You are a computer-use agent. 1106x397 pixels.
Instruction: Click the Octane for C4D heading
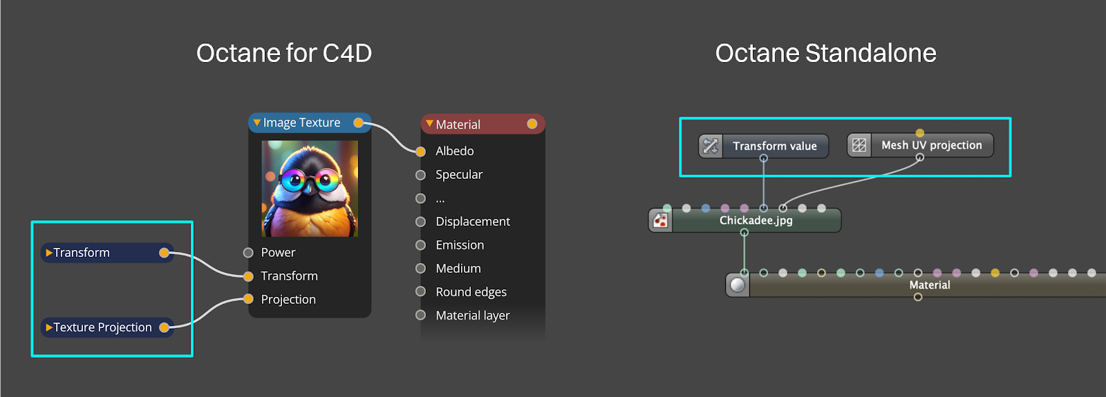click(284, 53)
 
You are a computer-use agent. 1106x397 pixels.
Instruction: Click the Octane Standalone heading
click(825, 53)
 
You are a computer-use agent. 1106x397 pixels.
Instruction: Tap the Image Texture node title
click(301, 123)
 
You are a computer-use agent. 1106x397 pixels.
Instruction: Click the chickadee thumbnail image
click(310, 188)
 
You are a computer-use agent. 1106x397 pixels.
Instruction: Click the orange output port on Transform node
click(165, 253)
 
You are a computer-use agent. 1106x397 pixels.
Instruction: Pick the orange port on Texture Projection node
click(165, 327)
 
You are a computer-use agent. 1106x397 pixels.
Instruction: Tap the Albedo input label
click(454, 151)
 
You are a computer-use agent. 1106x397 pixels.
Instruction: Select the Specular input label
click(459, 175)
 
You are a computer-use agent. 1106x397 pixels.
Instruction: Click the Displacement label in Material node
click(473, 222)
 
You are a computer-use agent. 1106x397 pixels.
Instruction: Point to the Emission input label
click(460, 245)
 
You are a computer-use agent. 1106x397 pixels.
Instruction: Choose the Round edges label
click(471, 292)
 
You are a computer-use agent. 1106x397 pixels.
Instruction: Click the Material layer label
click(473, 316)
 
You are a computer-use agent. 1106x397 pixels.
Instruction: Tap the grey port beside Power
click(248, 253)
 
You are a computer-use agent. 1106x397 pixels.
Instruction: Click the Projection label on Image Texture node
click(288, 300)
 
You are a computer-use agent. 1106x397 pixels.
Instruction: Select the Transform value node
click(774, 146)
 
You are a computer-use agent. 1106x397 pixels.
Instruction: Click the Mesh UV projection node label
click(931, 146)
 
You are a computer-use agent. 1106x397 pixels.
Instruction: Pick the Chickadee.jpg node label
click(756, 221)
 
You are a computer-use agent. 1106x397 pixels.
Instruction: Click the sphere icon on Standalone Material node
click(738, 284)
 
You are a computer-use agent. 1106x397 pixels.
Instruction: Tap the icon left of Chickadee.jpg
click(661, 221)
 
